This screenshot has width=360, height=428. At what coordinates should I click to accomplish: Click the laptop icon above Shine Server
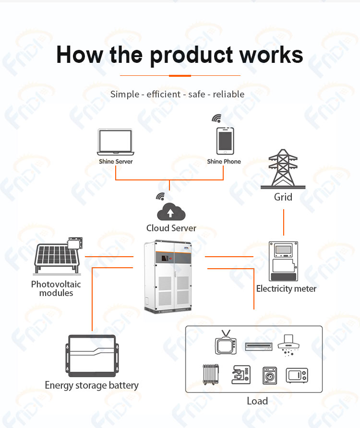pyautogui.click(x=116, y=142)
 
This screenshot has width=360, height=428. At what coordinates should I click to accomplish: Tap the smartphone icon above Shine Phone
pyautogui.click(x=225, y=141)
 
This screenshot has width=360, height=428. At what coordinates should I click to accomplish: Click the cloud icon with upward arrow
pyautogui.click(x=171, y=212)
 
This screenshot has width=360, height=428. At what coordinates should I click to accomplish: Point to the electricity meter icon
pyautogui.click(x=284, y=261)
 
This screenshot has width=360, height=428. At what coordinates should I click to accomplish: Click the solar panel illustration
pyautogui.click(x=58, y=256)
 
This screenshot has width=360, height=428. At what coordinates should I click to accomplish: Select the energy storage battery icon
pyautogui.click(x=92, y=356)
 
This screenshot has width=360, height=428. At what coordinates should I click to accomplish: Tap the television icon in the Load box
pyautogui.click(x=226, y=342)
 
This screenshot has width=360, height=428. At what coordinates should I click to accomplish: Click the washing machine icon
pyautogui.click(x=270, y=376)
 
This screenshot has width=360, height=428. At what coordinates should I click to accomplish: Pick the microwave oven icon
pyautogui.click(x=297, y=375)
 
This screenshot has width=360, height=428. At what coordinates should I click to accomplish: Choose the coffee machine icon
pyautogui.click(x=241, y=375)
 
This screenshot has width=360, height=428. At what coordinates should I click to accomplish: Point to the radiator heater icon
pyautogui.click(x=211, y=374)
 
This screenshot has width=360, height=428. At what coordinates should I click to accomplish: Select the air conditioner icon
pyautogui.click(x=259, y=346)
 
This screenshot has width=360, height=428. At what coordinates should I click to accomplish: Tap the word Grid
pyautogui.click(x=283, y=197)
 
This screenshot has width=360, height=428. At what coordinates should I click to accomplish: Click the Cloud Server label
pyautogui.click(x=171, y=228)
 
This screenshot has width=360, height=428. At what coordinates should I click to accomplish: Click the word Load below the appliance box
pyautogui.click(x=257, y=401)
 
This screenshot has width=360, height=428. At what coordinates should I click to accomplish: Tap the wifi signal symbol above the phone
pyautogui.click(x=216, y=118)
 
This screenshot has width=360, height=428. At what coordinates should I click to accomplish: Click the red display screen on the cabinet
pyautogui.click(x=165, y=258)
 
